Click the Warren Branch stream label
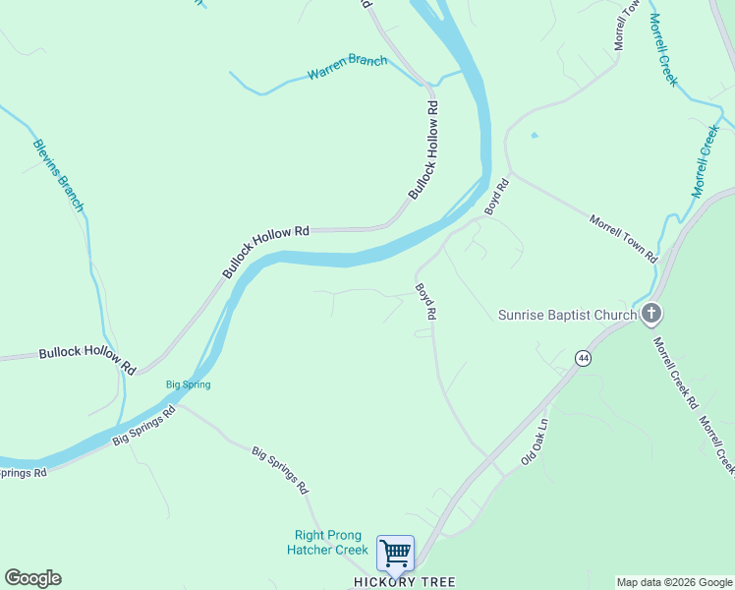pos(347,67)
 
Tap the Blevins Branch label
pos(58,176)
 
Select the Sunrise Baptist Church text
pos(567,315)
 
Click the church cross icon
pos(650,315)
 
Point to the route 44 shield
pos(584,359)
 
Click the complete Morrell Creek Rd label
pos(675,373)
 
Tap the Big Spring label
pos(188,384)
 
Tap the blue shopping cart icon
pos(395,554)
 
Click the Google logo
pos(32,578)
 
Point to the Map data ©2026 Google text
pos(674,582)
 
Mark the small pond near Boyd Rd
pos(534,135)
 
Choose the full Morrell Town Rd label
pos(622,238)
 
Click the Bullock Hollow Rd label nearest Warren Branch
pos(422,148)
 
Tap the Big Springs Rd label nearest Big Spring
pos(143,425)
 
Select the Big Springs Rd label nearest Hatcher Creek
pos(280,470)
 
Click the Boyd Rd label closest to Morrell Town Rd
pos(497,197)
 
